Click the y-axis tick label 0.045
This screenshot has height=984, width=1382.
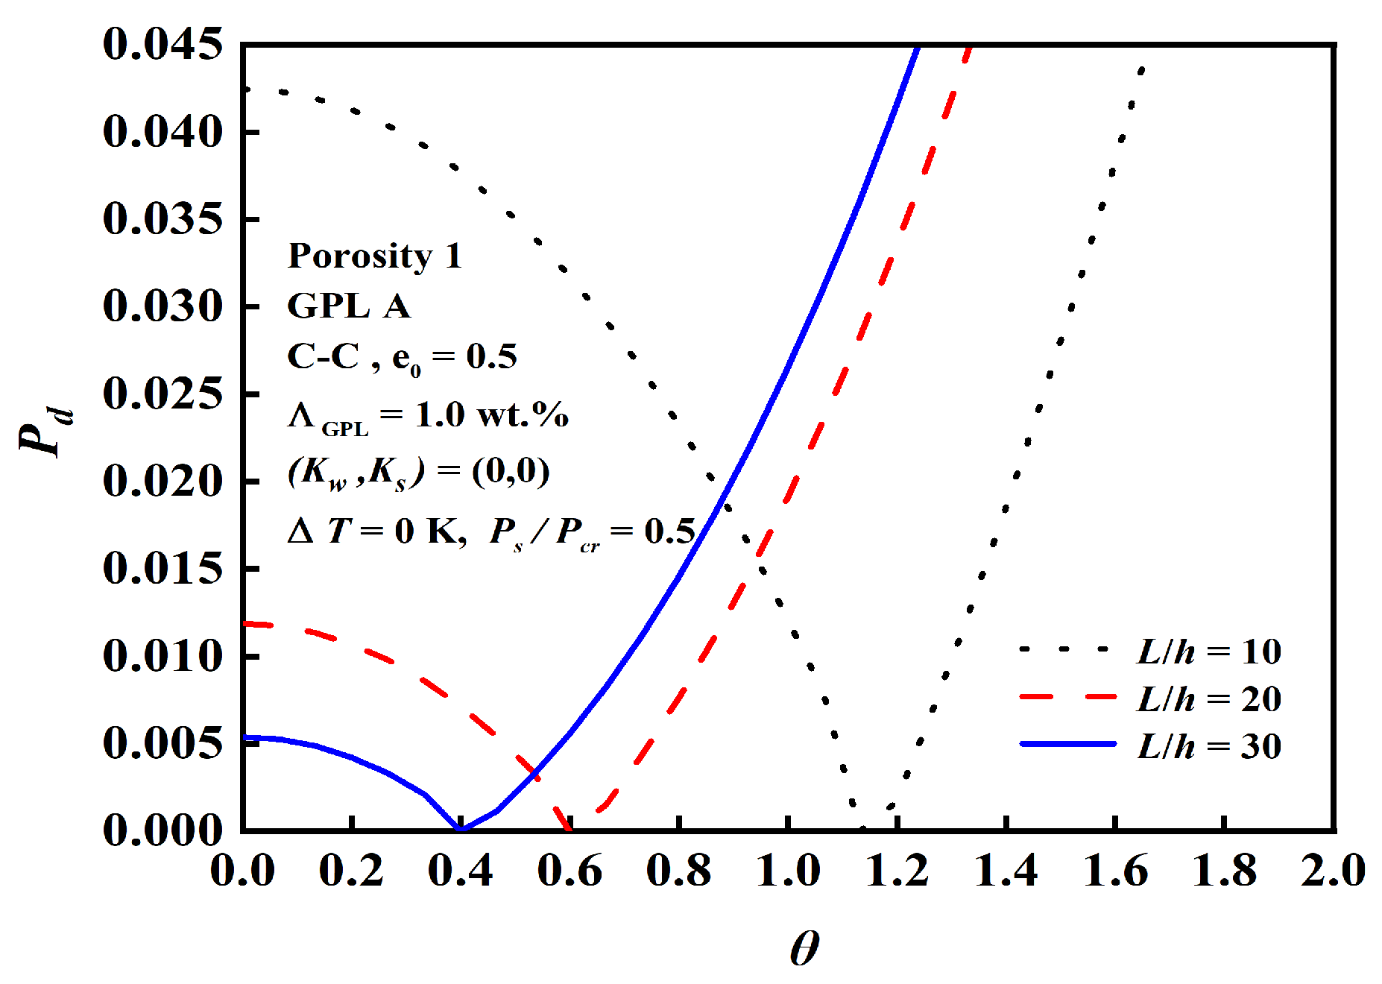coord(163,44)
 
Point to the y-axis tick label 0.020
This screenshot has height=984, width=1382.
coord(163,481)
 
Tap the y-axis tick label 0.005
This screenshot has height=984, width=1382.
coord(163,743)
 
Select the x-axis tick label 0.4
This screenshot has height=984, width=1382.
coord(460,871)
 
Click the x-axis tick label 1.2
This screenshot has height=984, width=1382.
coord(897,871)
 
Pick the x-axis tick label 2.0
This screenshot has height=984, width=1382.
coord(1333,871)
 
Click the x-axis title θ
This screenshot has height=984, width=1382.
coord(804,948)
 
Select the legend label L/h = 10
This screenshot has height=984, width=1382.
coord(1208,652)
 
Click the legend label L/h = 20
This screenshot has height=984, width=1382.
coord(1208,699)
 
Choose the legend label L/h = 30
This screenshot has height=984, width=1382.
coord(1208,746)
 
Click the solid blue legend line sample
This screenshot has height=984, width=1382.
coord(1067,744)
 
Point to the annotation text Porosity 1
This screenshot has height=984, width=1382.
coord(374,256)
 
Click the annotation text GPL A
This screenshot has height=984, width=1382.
coord(348,306)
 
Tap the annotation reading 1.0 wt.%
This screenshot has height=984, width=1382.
coord(492,415)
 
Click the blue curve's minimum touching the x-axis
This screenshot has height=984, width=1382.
coord(460,828)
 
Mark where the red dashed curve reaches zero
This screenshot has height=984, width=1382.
coord(569,828)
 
